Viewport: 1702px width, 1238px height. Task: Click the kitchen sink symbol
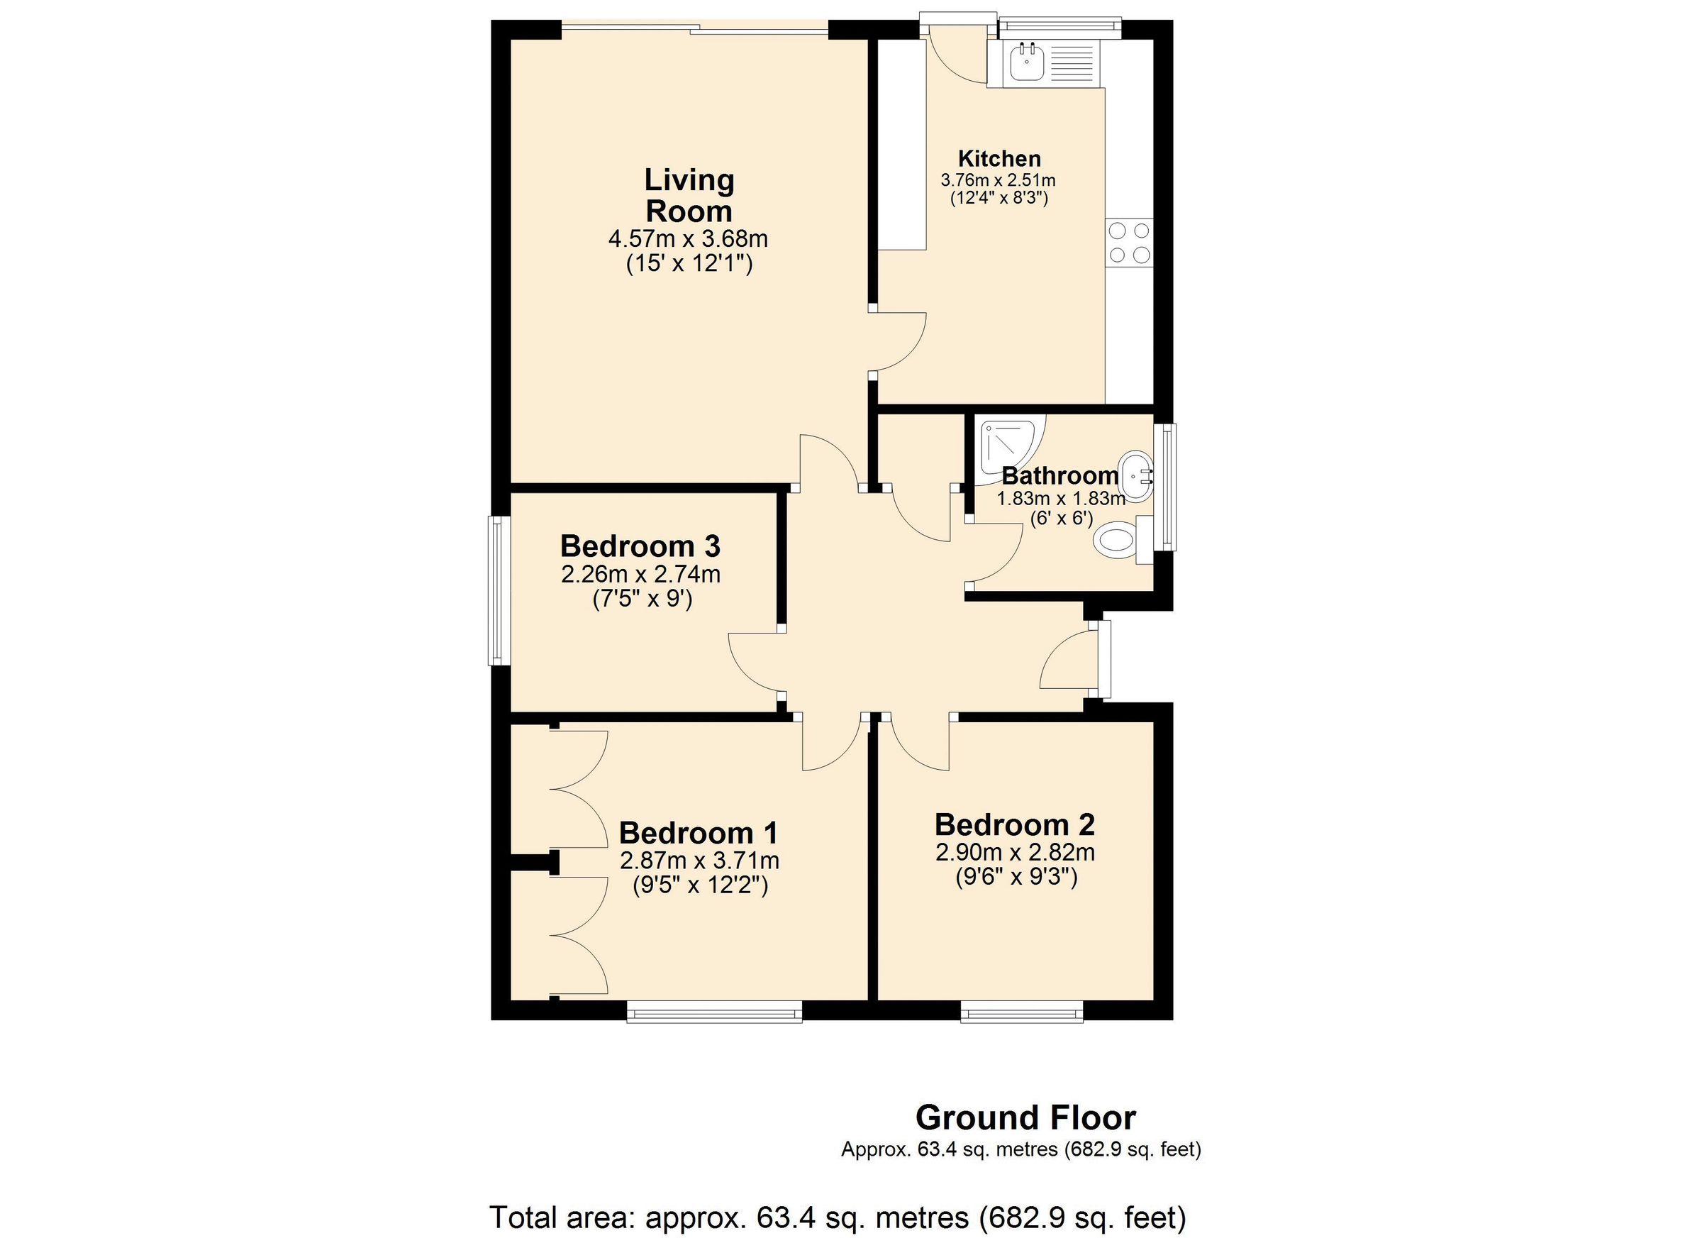1026,62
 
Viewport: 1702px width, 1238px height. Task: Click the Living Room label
688,195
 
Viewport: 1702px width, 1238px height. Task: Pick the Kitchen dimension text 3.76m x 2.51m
998,180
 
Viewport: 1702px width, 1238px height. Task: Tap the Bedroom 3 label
640,546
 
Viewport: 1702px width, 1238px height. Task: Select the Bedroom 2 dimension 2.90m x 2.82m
1015,852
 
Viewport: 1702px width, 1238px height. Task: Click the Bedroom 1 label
698,833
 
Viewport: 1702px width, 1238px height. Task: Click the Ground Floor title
1025,1118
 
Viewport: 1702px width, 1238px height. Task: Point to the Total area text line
838,1217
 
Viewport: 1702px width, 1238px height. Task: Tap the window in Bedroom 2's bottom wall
1022,1015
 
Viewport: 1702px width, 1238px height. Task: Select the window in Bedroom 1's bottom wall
714,1015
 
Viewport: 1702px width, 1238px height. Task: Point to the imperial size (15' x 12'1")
689,264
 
